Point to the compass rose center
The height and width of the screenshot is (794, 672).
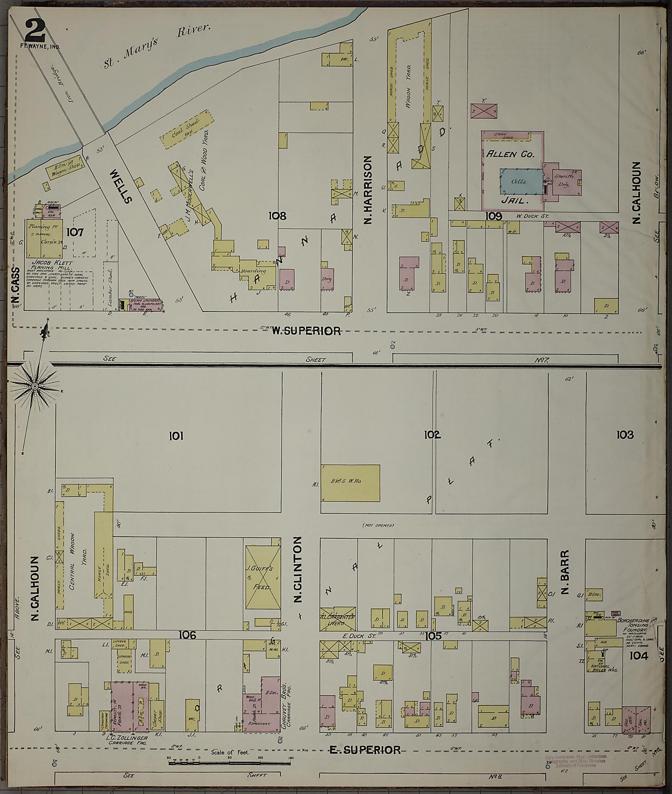pyautogui.click(x=34, y=386)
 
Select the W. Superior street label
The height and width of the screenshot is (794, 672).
pyautogui.click(x=306, y=331)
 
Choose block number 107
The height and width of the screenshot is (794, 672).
pyautogui.click(x=75, y=232)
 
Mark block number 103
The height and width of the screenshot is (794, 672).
pyautogui.click(x=624, y=434)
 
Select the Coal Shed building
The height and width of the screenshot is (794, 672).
pyautogui.click(x=187, y=130)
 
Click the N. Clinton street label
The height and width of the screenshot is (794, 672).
pyautogui.click(x=298, y=570)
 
